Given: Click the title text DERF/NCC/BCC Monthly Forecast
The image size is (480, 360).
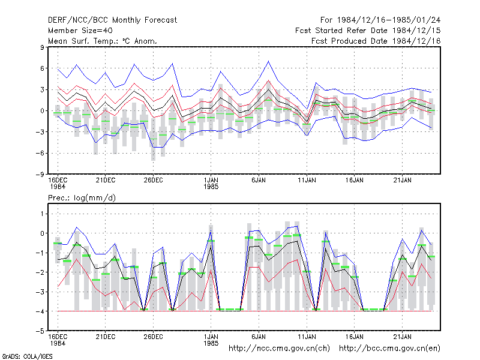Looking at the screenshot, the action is [x=112, y=20].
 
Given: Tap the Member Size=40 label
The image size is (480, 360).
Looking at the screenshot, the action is [x=80, y=31].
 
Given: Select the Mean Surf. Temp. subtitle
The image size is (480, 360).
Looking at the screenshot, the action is [x=103, y=41].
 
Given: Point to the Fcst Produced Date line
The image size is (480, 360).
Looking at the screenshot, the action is [x=376, y=41].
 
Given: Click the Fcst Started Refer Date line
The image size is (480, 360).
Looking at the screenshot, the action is [x=368, y=31].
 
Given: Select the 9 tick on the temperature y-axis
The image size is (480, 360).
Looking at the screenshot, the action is [x=42, y=47].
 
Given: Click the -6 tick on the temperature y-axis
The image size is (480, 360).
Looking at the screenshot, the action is [x=40, y=153].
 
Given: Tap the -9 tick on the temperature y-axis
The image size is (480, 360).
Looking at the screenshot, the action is [x=40, y=174].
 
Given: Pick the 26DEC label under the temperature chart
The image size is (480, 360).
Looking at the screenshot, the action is [x=153, y=180].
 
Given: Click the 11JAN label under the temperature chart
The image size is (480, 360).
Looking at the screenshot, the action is [x=307, y=180].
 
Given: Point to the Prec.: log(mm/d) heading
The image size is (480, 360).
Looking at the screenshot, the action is [x=82, y=198].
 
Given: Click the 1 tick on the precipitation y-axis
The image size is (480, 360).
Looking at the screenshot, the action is [x=42, y=214].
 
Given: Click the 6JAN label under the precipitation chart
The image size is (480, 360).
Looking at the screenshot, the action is [x=259, y=337].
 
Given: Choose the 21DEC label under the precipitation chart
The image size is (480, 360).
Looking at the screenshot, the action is [x=106, y=337].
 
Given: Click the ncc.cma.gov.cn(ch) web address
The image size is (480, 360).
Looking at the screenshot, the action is [x=279, y=349].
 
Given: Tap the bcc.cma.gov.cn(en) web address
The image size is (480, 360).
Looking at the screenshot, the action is [x=389, y=349].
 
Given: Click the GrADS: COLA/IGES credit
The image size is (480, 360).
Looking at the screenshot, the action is [x=27, y=356].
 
